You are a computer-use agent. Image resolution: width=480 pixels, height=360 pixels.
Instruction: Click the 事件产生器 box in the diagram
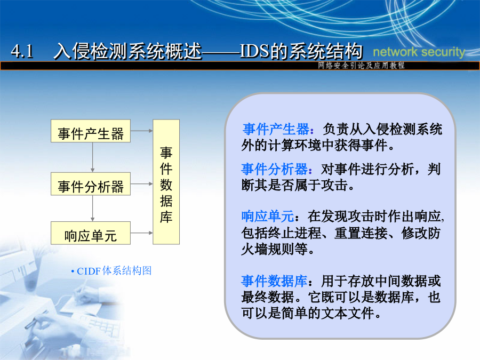point(91,131)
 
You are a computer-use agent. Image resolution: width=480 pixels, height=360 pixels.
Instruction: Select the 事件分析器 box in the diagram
point(91,184)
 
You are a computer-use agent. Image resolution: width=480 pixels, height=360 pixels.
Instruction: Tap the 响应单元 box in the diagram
point(91,233)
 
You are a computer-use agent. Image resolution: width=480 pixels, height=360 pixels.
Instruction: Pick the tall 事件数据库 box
point(166,182)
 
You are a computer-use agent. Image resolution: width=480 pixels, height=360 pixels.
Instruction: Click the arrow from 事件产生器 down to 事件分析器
point(92,157)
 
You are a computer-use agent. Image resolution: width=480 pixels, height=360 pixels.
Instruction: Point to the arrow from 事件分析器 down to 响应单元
point(92,209)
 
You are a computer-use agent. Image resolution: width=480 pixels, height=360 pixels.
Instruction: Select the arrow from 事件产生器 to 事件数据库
point(142,131)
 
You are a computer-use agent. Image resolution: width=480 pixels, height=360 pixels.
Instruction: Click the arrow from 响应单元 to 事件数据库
point(142,233)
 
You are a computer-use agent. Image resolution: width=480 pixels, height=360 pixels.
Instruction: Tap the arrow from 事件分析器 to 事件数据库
point(142,184)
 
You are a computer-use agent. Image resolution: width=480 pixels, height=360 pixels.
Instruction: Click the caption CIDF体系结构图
point(114,271)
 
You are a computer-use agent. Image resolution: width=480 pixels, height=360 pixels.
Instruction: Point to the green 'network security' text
point(419,52)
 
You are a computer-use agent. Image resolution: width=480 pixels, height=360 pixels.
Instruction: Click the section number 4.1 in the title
point(22,51)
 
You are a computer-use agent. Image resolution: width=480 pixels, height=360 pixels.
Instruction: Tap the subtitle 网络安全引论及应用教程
point(361,65)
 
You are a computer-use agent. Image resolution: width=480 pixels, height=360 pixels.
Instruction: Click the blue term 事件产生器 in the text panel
point(276,129)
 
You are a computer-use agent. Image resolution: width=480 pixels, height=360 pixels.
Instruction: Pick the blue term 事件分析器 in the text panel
point(275,169)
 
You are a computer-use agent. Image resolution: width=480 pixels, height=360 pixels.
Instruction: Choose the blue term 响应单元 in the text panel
point(268,217)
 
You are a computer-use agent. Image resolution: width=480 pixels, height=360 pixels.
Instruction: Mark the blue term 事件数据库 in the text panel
point(274,281)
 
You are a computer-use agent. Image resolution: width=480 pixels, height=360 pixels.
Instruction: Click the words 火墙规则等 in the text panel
point(274,249)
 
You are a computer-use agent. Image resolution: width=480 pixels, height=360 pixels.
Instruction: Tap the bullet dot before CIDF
point(73,271)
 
